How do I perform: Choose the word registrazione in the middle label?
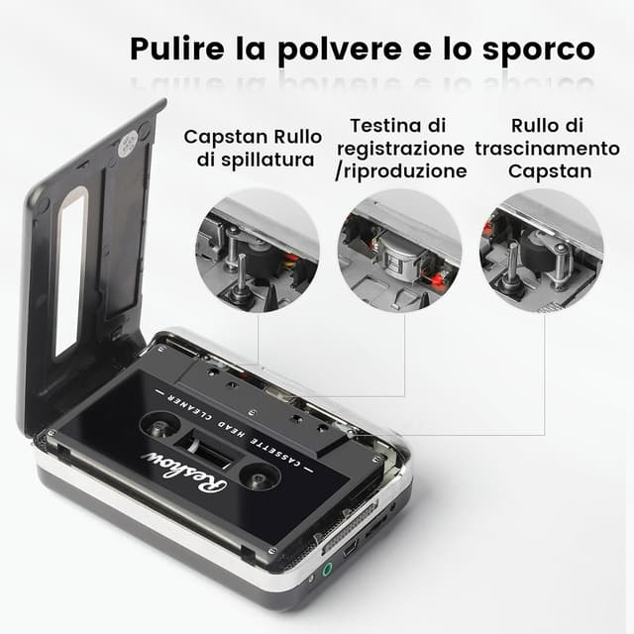[401, 148]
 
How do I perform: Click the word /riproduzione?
[401, 170]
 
